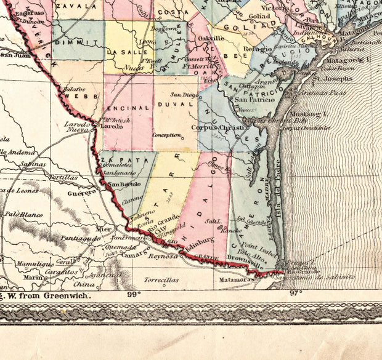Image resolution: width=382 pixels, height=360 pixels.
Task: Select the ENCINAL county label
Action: coord(130,108)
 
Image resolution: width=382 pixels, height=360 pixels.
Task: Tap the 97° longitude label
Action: coord(296,292)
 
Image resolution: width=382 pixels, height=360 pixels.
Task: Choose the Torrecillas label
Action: coord(161,280)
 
